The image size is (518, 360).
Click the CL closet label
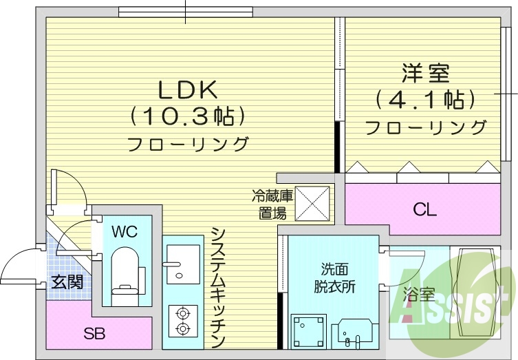(x=424, y=209)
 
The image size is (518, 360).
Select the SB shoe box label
(x=94, y=335)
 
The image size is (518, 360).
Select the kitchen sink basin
(x=181, y=262)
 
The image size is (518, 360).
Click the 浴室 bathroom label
(x=419, y=295)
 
